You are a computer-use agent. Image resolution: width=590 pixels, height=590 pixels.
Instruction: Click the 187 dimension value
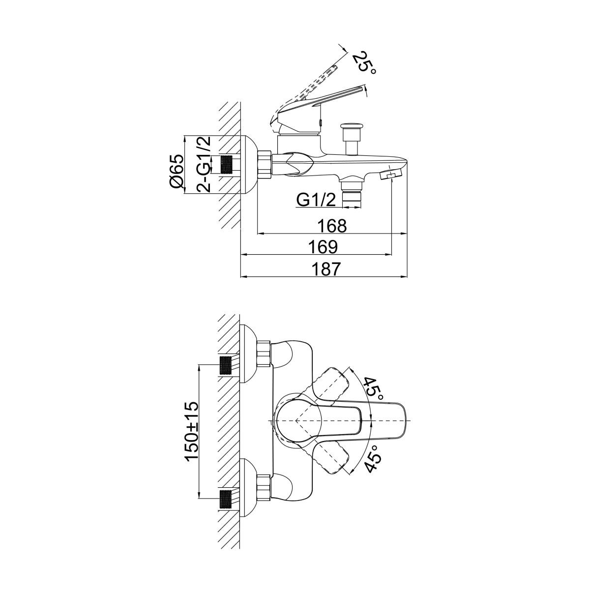326,269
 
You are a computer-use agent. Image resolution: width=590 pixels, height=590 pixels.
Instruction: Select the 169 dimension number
323,246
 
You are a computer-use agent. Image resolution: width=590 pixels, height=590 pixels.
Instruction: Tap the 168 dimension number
332,226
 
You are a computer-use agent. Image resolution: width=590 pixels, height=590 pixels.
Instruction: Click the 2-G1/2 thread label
204,164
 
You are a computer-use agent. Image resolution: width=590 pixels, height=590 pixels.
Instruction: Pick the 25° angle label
365,63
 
